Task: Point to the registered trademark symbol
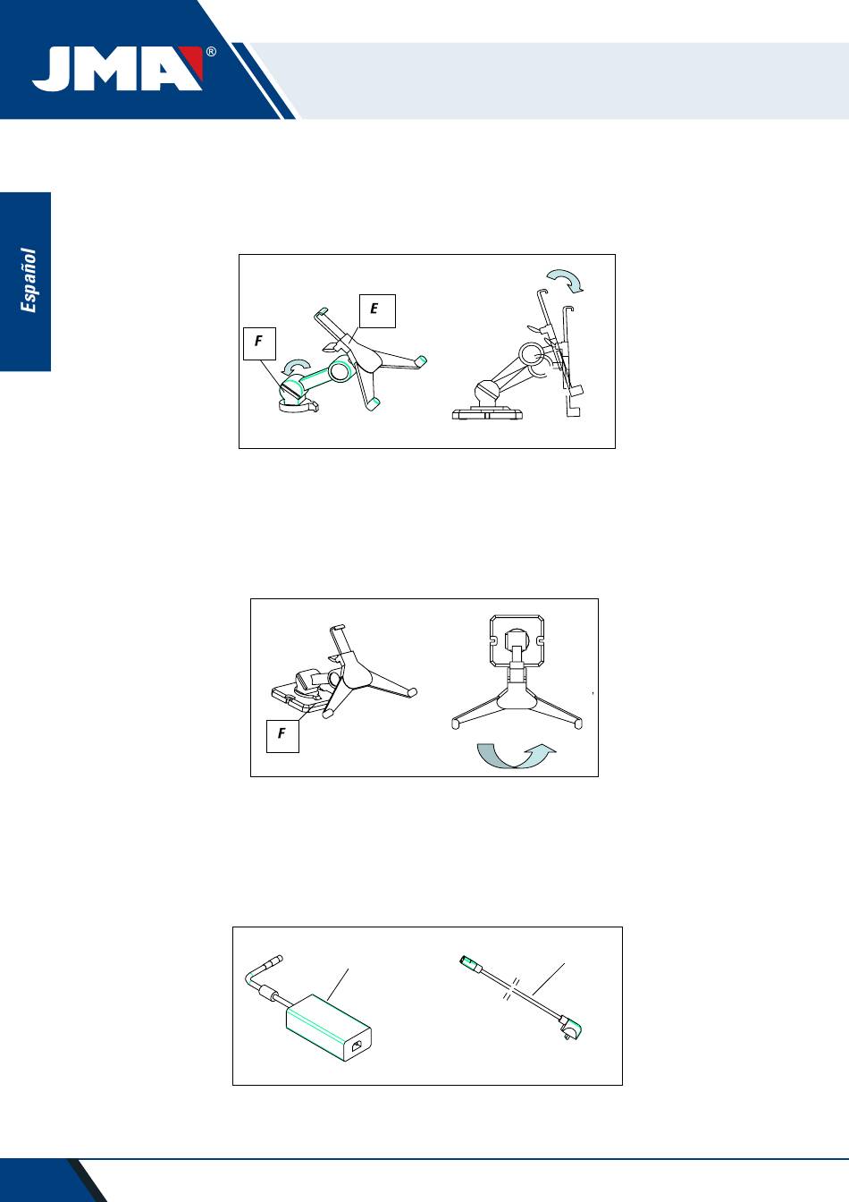click(211, 52)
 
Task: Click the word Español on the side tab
click(28, 280)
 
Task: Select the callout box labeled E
click(377, 310)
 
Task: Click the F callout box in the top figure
click(259, 343)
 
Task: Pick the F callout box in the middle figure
click(282, 736)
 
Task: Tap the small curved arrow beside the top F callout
click(297, 366)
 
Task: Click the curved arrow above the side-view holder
click(567, 280)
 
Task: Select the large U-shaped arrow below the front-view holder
click(516, 756)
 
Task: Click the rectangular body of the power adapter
click(328, 1028)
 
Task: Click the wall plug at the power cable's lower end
click(571, 1028)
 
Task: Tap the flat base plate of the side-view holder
click(487, 413)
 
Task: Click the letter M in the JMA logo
click(111, 69)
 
